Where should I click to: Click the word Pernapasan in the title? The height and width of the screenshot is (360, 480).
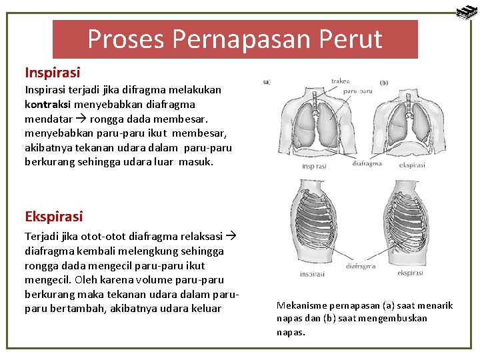click(234, 39)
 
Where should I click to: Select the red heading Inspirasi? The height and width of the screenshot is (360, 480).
click(52, 72)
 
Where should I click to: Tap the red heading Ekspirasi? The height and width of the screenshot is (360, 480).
click(54, 216)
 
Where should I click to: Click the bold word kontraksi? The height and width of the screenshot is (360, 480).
click(48, 103)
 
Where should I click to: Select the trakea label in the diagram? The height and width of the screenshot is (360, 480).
click(340, 81)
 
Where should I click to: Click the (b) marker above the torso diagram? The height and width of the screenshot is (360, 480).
click(383, 83)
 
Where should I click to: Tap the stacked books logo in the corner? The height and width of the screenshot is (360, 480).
click(466, 11)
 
